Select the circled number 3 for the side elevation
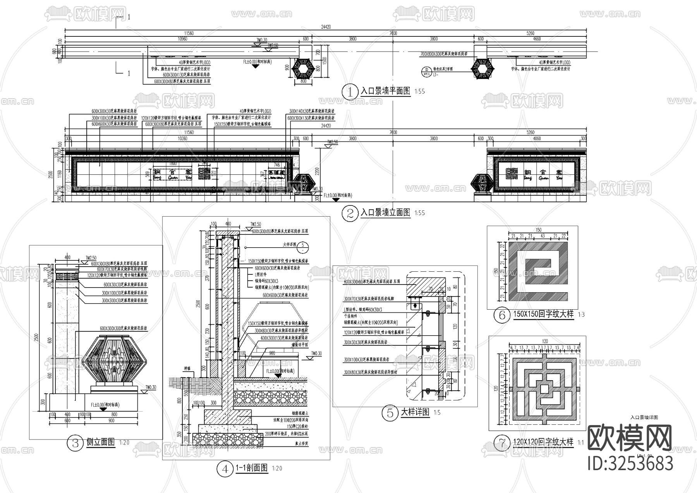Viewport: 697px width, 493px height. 76,443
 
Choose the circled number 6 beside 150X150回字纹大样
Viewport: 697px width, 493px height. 502,315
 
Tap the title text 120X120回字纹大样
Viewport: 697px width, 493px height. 542,442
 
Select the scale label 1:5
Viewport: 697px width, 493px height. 437,413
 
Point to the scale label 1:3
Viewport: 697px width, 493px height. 581,315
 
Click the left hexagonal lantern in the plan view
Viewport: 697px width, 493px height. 304,69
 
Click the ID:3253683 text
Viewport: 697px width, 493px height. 630,463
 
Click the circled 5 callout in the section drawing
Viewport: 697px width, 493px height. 304,245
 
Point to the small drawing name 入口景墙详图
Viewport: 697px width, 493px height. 644,417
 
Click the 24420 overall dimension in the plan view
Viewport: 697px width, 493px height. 326,27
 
